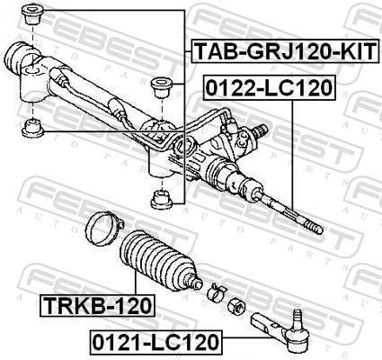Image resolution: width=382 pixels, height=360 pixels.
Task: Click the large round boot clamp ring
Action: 101,224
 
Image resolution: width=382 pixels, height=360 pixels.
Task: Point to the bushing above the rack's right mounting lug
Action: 163,88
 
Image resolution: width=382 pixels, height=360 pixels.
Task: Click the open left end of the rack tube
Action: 14,56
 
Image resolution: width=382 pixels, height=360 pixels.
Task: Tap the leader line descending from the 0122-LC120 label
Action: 294,153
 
